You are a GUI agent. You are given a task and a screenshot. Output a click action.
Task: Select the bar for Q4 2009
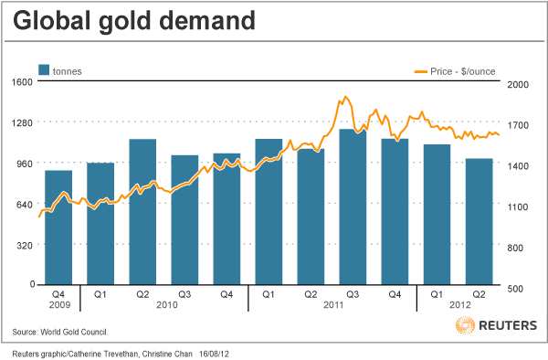tap(58, 228)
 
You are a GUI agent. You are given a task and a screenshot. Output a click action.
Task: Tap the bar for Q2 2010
tap(142, 212)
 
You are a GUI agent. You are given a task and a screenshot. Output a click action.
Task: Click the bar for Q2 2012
tap(479, 222)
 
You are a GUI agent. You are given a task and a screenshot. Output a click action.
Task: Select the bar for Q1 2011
tap(269, 212)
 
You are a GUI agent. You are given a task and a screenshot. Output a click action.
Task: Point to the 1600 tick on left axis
tap(22, 82)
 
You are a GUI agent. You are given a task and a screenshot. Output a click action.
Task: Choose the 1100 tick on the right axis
tap(518, 207)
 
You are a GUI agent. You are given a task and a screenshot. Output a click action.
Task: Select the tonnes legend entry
tap(66, 69)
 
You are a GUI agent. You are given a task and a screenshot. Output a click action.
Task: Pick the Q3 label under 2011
tap(352, 294)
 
